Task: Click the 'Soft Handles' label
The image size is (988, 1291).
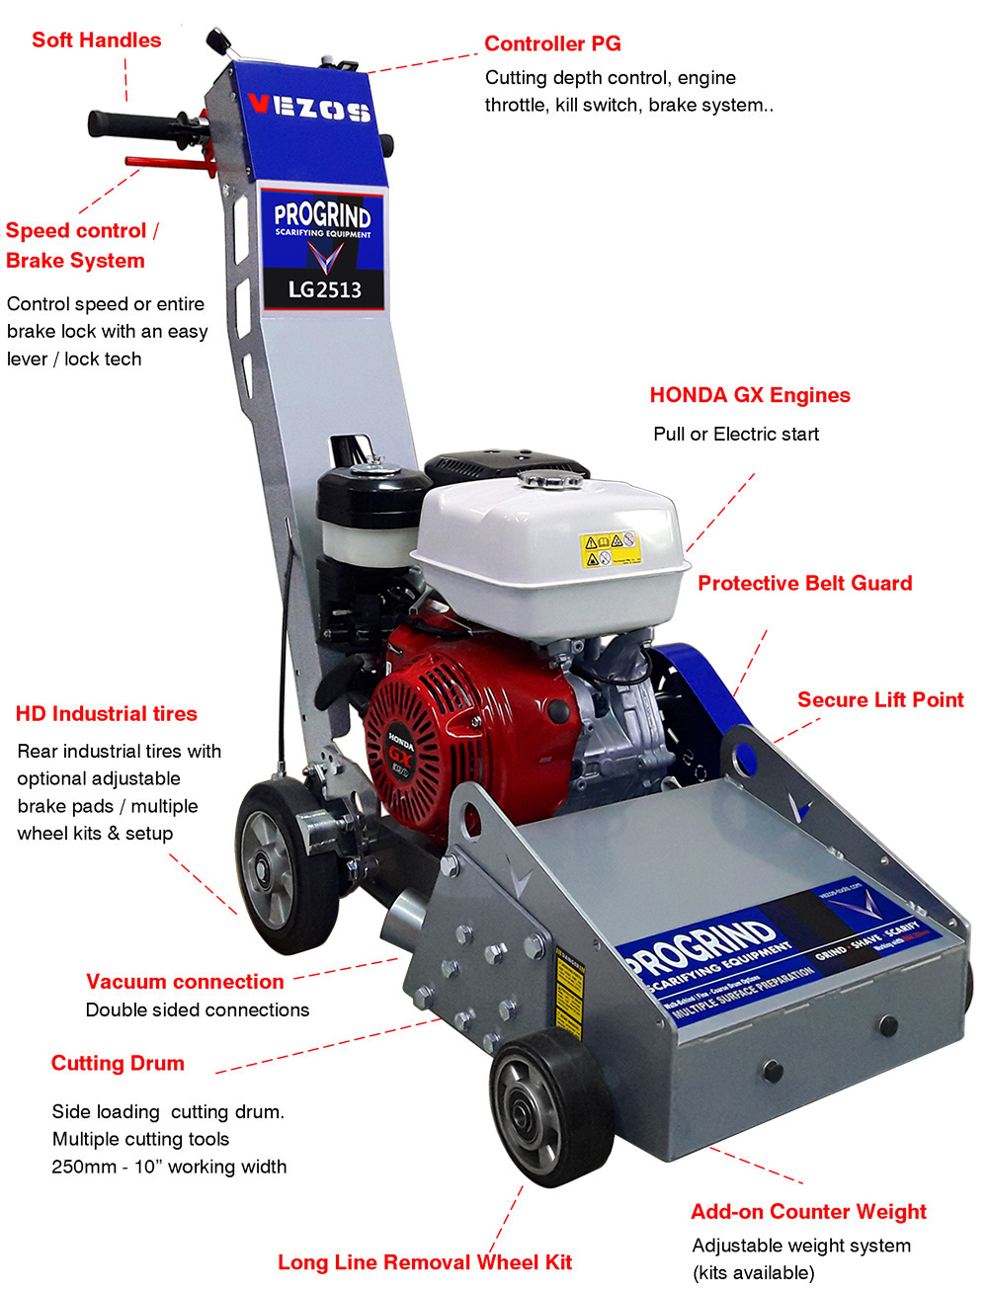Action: [96, 40]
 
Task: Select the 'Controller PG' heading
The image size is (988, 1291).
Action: [552, 43]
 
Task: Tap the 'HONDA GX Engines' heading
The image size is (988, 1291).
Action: [750, 395]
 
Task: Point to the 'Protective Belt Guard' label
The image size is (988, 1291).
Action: [804, 583]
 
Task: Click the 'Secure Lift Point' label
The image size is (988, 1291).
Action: [880, 699]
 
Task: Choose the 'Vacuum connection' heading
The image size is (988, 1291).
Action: [185, 982]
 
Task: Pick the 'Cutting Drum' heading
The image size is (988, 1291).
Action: [118, 1063]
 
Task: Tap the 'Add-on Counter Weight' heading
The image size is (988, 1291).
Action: [808, 1212]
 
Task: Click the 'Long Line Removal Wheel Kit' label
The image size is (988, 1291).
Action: [425, 1262]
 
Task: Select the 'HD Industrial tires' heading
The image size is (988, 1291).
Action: [106, 714]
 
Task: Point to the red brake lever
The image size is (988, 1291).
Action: [168, 163]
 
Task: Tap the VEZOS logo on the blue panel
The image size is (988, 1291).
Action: [309, 107]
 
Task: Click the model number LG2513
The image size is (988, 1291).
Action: [324, 289]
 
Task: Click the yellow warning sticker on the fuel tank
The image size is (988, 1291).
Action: [609, 549]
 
